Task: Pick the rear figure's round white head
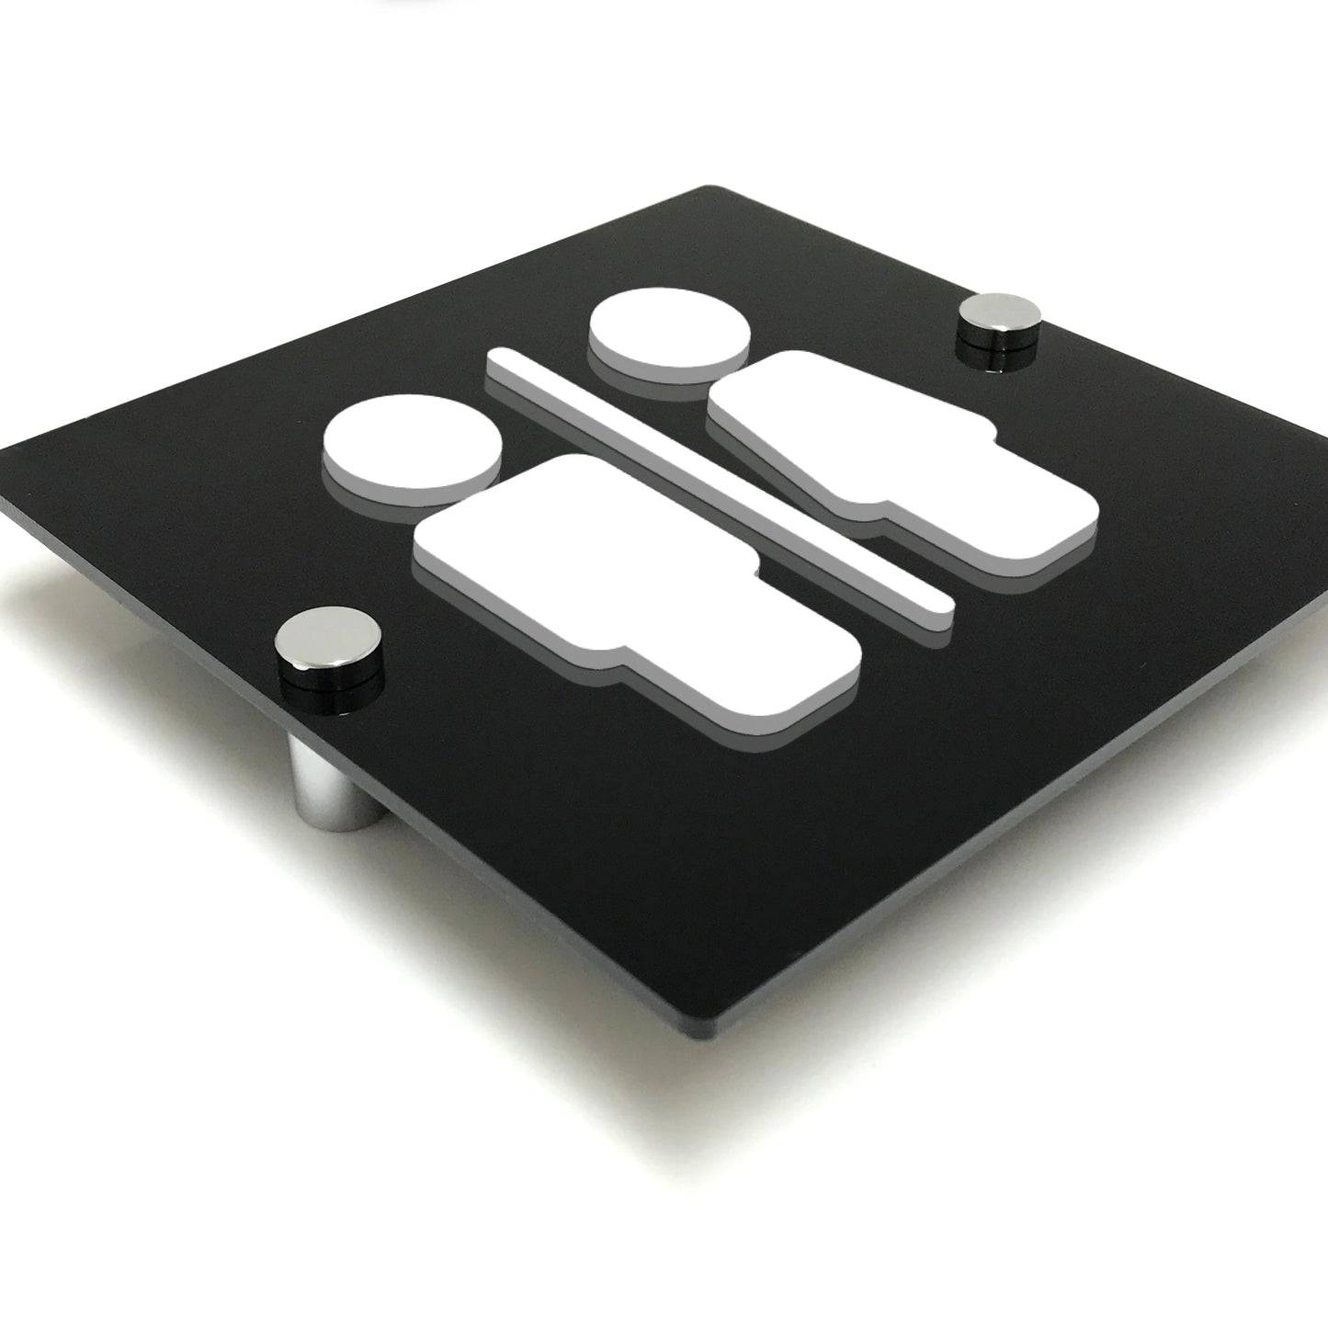click(669, 334)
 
